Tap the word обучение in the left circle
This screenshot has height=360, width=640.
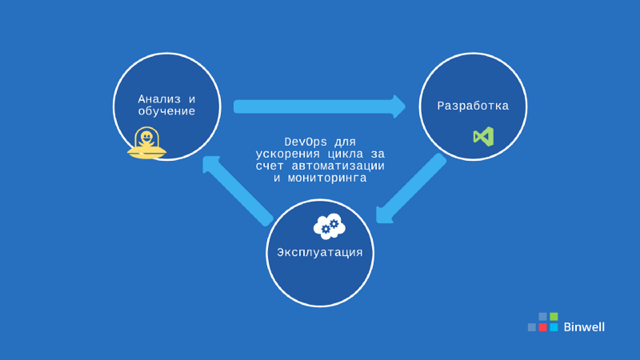tap(166, 111)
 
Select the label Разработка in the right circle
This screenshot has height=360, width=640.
tap(473, 106)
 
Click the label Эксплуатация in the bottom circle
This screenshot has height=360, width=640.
tap(320, 252)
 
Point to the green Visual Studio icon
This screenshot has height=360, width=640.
tap(483, 136)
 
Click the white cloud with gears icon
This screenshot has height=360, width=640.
tap(329, 226)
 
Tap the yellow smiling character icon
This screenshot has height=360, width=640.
tap(146, 143)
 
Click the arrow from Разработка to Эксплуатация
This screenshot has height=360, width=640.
tap(411, 189)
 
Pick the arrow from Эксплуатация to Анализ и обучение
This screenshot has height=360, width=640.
tap(238, 190)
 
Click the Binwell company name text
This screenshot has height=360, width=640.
tap(584, 326)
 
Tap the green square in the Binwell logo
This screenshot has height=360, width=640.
tap(554, 317)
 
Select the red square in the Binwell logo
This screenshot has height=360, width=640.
tap(542, 327)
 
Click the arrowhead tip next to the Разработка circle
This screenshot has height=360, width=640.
tap(401, 106)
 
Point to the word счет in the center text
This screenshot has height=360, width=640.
tap(269, 166)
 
